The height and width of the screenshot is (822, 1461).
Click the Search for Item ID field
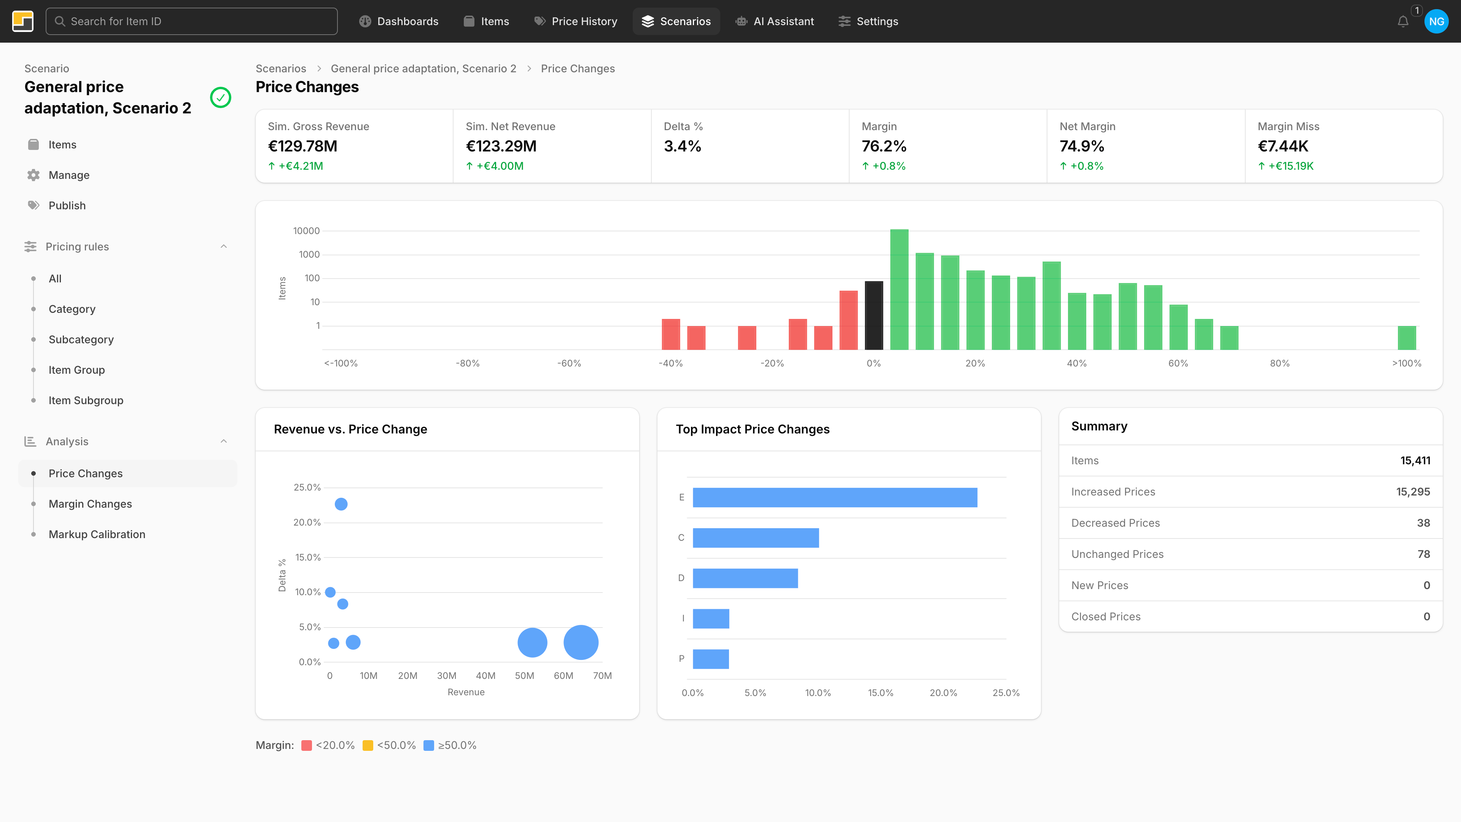coord(192,21)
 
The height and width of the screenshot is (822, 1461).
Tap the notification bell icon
coord(1402,22)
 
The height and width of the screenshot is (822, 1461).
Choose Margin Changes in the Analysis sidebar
coord(90,504)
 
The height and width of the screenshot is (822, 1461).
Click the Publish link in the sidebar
coord(67,205)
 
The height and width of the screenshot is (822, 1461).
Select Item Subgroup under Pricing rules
coord(86,400)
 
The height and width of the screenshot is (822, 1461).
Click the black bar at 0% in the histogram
coord(874,315)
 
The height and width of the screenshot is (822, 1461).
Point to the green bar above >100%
coord(1407,338)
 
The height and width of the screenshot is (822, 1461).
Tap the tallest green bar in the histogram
coord(899,289)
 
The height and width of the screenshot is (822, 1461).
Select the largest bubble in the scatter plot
coord(581,642)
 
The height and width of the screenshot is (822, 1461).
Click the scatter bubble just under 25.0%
coord(341,504)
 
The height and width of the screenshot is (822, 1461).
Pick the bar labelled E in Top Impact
coord(834,497)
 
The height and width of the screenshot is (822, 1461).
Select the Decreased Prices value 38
coord(1423,523)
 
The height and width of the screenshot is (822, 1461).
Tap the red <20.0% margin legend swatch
coord(306,746)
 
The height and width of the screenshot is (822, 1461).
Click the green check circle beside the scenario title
coord(221,97)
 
